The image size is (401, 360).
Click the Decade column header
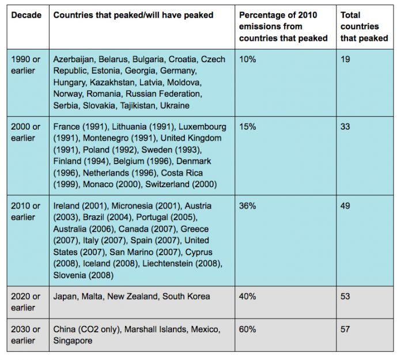click(26, 15)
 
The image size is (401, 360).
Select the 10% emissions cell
click(247, 59)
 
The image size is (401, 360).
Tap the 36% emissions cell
click(247, 206)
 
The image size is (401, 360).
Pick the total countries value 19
click(345, 59)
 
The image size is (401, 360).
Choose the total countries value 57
click(345, 329)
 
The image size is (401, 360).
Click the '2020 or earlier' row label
click(25, 302)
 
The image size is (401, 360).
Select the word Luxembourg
click(202, 127)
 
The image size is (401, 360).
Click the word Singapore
click(73, 341)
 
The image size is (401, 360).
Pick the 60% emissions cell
click(247, 329)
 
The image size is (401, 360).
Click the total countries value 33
click(345, 127)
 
